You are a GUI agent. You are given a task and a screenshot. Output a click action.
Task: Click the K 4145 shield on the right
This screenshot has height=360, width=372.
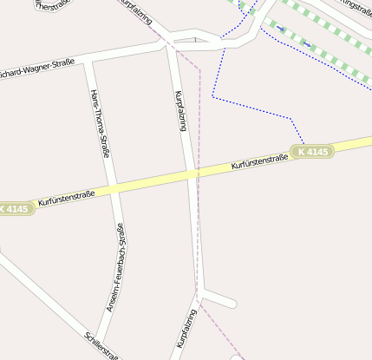[312, 152]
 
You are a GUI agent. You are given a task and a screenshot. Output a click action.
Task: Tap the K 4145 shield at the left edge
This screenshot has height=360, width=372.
[15, 208]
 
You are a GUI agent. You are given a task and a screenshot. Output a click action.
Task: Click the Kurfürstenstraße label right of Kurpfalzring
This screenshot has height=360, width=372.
[259, 161]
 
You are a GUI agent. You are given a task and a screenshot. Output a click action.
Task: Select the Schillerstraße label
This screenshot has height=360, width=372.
[102, 346]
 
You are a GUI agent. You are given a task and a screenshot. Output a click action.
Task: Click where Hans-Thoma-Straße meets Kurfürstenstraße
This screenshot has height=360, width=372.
[113, 187]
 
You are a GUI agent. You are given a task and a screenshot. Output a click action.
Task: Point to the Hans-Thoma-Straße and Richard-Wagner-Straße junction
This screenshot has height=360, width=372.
[88, 62]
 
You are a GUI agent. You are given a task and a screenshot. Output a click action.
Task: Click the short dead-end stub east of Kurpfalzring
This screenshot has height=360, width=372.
[220, 300]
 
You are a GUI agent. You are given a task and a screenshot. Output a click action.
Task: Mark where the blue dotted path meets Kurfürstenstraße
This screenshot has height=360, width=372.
[305, 144]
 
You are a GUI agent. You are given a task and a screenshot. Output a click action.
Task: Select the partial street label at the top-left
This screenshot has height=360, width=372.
[52, 4]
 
